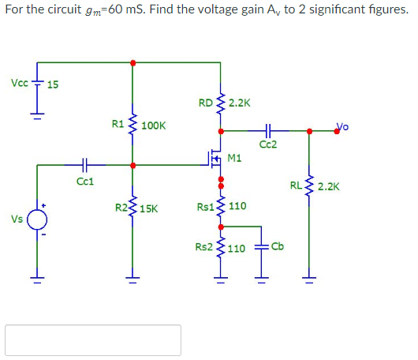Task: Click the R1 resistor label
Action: tap(117, 124)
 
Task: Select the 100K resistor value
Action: tap(154, 126)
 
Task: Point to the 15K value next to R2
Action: tap(150, 209)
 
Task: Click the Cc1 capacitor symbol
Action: tap(85, 166)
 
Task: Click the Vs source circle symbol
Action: tap(35, 220)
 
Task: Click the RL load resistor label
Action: tap(296, 186)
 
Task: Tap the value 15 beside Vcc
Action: tap(53, 84)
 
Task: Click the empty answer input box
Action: tap(93, 339)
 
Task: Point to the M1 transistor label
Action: tap(234, 158)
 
